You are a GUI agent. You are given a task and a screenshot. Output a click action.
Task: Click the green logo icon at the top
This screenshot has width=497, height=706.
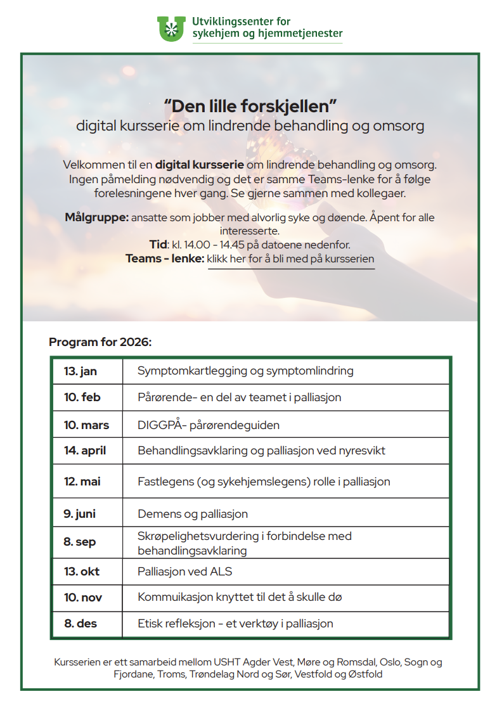point(171,29)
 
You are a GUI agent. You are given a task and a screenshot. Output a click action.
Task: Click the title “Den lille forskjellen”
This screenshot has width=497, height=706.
point(249,106)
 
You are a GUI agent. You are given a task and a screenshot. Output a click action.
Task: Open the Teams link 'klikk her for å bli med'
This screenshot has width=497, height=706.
point(291,259)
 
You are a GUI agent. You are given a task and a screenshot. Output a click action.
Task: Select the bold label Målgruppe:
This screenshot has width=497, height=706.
point(96,217)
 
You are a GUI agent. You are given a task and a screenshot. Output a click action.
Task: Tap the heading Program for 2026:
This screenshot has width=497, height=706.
point(100,342)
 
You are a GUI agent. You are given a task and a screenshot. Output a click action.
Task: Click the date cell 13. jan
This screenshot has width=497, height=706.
point(81,371)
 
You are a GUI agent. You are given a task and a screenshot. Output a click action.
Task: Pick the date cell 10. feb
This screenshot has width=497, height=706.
point(82,397)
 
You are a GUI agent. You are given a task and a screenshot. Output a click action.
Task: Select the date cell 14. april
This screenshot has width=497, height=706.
point(85,451)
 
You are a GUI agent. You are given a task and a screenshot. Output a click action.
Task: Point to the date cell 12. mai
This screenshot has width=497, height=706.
point(82,482)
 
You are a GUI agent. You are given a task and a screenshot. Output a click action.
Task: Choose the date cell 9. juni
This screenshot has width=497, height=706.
point(80,513)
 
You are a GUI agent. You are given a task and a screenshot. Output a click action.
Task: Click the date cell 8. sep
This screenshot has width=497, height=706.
point(80,542)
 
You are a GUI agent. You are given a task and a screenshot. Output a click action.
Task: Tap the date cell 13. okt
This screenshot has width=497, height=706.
point(82,572)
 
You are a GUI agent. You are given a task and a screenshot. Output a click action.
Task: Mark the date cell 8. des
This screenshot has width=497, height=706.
point(81,624)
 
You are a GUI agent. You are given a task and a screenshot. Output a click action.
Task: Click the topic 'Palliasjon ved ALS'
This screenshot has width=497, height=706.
point(185,572)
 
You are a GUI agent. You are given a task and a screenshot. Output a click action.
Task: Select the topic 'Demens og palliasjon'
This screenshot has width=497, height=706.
point(193,513)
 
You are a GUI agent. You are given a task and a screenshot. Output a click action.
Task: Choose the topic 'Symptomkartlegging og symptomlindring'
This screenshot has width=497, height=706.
point(245,371)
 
